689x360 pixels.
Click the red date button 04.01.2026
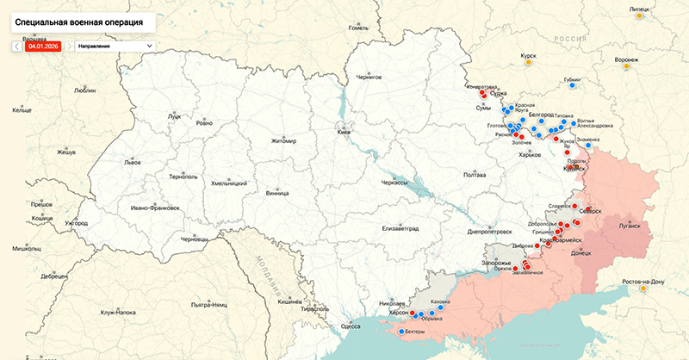point(42,45)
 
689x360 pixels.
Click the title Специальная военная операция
point(80,18)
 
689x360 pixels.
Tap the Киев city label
point(344,132)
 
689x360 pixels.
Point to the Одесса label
point(351,326)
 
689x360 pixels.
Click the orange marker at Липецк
point(637,16)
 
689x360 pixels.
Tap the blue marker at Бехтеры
point(401,331)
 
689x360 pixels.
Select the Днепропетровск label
point(490,232)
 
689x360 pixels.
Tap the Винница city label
point(277,194)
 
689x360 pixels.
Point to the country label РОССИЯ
point(569,40)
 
